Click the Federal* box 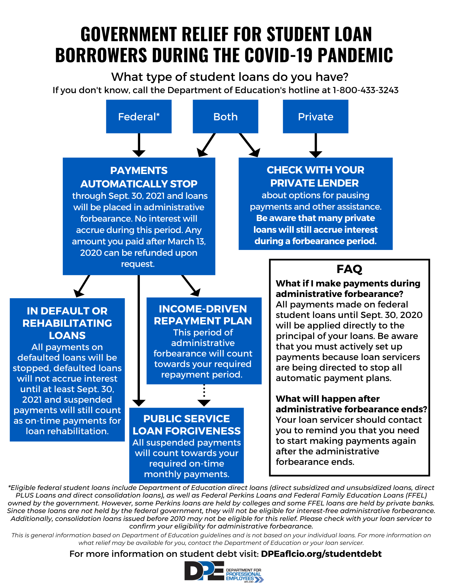click(x=139, y=117)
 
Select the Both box click(x=225, y=117)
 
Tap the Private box click(x=315, y=117)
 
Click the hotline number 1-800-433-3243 click(x=365, y=90)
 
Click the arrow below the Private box click(x=316, y=145)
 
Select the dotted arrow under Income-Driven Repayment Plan click(x=204, y=396)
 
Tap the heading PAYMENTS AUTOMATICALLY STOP click(x=139, y=177)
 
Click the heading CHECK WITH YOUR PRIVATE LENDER click(x=315, y=176)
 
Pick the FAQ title click(x=349, y=269)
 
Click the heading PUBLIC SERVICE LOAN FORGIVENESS click(x=187, y=425)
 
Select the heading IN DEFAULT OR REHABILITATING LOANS click(x=67, y=323)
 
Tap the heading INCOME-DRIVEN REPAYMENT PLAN click(x=203, y=315)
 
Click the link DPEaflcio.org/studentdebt click(x=321, y=554)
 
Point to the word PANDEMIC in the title click(x=355, y=55)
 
